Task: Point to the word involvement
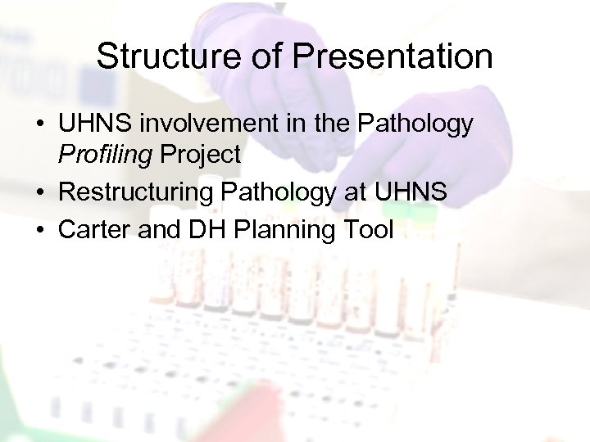pyautogui.click(x=199, y=124)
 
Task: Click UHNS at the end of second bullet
pyautogui.click(x=411, y=192)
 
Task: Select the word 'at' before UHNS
pyautogui.click(x=355, y=192)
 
